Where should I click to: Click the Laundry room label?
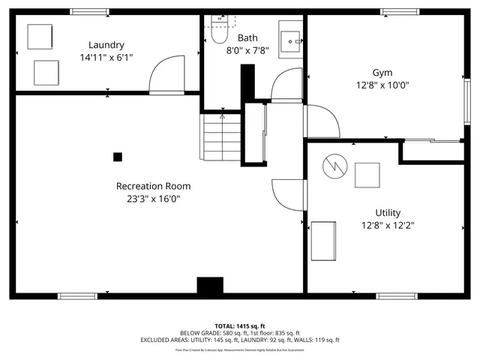[106, 45]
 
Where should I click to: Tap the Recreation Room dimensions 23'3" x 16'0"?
[153, 199]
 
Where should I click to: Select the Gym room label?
[382, 73]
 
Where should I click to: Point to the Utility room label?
[388, 212]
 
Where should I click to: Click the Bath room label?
[247, 37]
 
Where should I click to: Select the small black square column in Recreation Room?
[118, 157]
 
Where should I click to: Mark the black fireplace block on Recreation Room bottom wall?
[210, 286]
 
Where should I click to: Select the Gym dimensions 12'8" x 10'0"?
[382, 85]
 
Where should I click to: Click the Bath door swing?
[284, 84]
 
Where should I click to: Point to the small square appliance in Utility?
[367, 174]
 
